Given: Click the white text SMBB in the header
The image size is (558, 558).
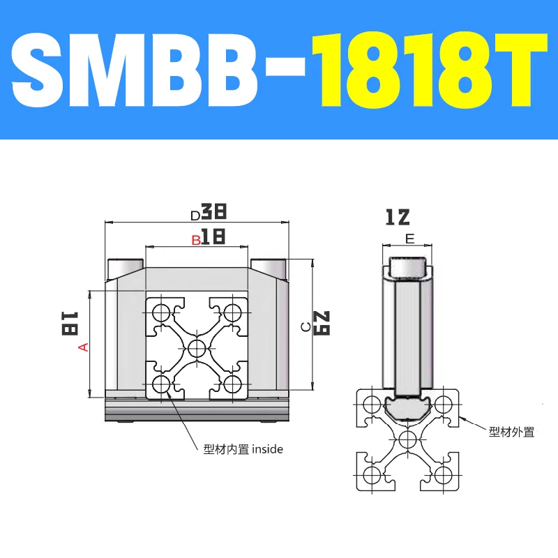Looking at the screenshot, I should [157, 70].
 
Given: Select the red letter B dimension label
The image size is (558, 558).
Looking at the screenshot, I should [197, 240].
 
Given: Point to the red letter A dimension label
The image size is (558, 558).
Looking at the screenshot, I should [84, 347].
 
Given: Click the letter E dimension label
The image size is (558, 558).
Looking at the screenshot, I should [409, 239].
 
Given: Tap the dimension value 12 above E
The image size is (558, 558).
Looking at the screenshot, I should [397, 218].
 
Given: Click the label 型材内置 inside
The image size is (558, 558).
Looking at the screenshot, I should [243, 449].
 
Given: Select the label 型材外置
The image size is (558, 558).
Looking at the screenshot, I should [511, 432].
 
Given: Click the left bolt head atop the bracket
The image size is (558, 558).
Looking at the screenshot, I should [124, 268].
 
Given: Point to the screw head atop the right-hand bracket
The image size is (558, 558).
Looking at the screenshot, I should [409, 266].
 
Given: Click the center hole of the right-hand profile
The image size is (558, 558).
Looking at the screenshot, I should [409, 439].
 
